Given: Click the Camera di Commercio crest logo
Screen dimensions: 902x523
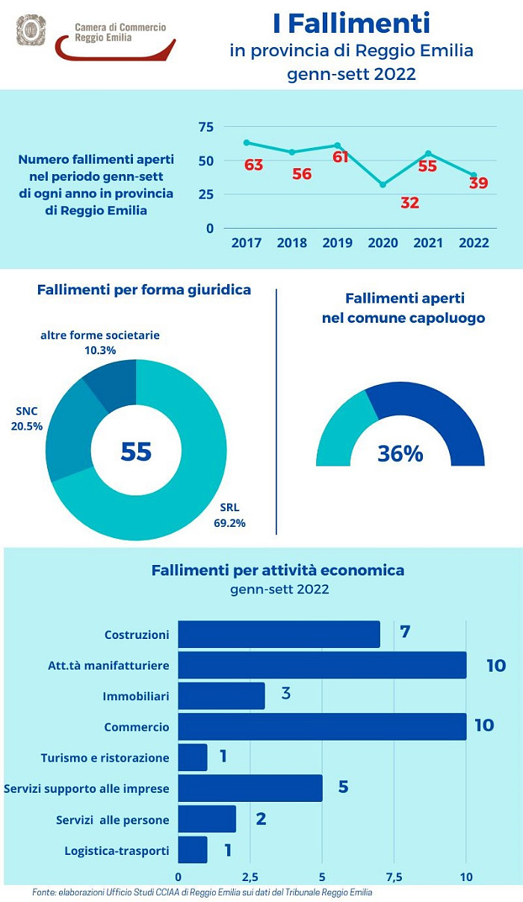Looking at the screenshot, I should pyautogui.click(x=31, y=30).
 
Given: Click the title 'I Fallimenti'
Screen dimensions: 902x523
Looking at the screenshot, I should pyautogui.click(x=351, y=24).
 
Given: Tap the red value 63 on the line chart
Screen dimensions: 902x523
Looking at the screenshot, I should pyautogui.click(x=253, y=165).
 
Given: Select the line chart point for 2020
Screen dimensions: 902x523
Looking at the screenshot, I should pyautogui.click(x=383, y=184).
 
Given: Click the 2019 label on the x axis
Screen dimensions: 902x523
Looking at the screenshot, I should pyautogui.click(x=337, y=243).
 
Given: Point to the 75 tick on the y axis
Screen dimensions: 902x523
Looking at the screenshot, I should pyautogui.click(x=205, y=127).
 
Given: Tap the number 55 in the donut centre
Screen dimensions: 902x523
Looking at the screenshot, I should pyautogui.click(x=136, y=451).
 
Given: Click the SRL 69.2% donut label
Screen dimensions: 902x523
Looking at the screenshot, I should pyautogui.click(x=229, y=516).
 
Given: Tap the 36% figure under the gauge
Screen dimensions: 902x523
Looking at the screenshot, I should pyautogui.click(x=400, y=453).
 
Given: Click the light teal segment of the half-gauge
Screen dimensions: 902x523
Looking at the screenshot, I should pyautogui.click(x=340, y=433).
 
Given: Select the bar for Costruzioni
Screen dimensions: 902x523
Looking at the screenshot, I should pyautogui.click(x=279, y=634).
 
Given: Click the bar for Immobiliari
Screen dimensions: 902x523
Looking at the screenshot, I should pyautogui.click(x=221, y=696).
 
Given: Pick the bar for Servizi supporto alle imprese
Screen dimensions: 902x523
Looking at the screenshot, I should pyautogui.click(x=250, y=788).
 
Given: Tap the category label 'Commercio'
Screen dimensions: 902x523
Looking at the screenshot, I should pyautogui.click(x=137, y=726).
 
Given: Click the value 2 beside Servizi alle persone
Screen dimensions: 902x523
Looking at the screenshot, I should pyautogui.click(x=261, y=818).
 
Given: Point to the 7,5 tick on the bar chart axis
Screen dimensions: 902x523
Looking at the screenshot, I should pyautogui.click(x=394, y=877).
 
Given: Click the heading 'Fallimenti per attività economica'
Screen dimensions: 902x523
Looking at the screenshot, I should pyautogui.click(x=278, y=570).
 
